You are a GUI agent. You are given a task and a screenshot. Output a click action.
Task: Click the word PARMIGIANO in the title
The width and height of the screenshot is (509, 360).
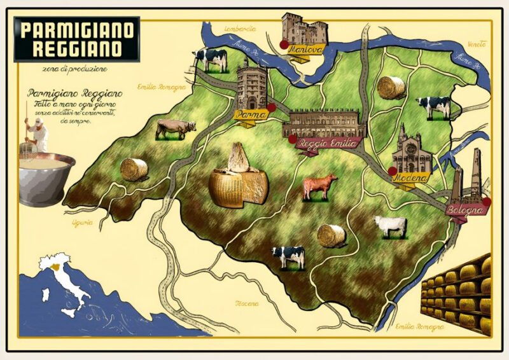coord(77,29)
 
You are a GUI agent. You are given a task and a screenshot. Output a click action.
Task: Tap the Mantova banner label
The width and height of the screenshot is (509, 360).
coord(305,49)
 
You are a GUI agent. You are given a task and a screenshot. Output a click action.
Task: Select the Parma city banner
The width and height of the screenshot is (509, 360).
coord(250,115)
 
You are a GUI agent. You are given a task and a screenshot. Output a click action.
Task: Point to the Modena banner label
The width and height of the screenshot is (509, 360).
coord(410,179)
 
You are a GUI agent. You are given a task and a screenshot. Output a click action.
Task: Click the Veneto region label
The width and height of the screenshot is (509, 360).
coord(476,45)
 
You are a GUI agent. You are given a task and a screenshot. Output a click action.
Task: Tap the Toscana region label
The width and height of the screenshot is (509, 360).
coord(247,303)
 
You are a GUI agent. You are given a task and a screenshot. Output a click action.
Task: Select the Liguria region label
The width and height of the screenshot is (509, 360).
coord(83,223)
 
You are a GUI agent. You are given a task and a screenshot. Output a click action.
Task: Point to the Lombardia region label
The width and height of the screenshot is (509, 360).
coord(241,29)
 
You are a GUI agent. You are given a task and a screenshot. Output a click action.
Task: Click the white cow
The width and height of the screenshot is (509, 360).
coord(391,225)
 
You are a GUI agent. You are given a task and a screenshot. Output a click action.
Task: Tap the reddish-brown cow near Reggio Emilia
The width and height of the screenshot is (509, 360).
coord(320,187)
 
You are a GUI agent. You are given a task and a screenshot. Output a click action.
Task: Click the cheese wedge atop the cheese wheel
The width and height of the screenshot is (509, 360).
coord(238,158)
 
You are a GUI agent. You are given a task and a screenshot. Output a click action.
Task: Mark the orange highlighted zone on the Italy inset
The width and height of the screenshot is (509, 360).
coord(59,267)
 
